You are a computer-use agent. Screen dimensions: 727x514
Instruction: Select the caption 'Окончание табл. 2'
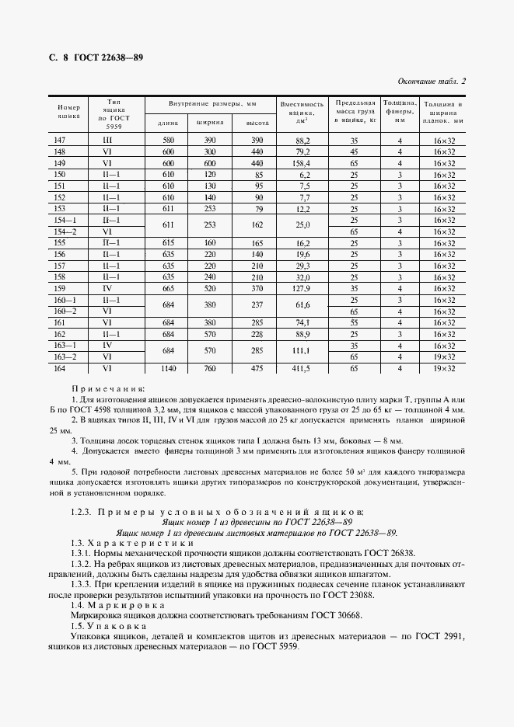click(x=432, y=82)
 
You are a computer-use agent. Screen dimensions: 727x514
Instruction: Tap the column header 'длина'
click(x=167, y=123)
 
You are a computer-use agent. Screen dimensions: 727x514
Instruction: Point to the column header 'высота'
click(x=257, y=123)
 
